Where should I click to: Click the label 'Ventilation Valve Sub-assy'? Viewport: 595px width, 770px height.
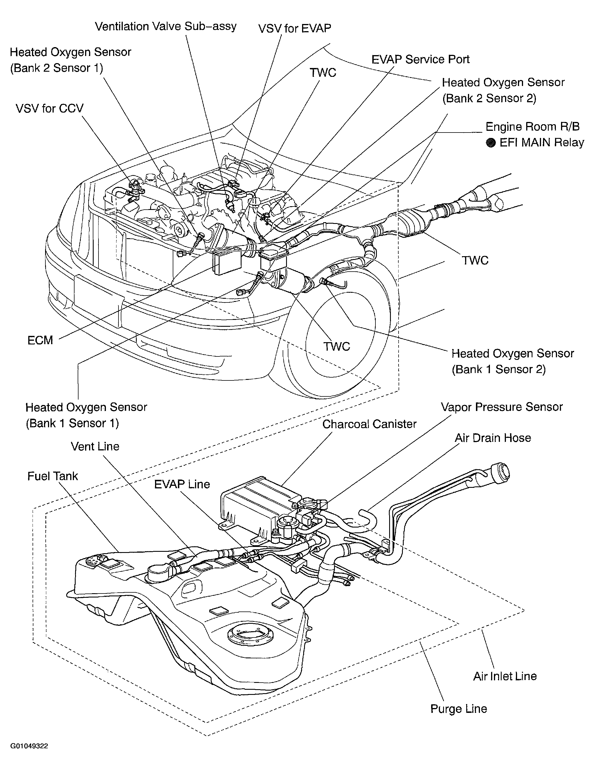coord(166,27)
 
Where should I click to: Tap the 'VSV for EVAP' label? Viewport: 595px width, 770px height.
coord(295,29)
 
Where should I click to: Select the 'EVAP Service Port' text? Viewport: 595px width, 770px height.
coord(421,59)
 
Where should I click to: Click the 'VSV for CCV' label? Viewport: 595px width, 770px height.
coord(50,108)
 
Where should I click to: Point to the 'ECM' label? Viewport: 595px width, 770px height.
coord(40,340)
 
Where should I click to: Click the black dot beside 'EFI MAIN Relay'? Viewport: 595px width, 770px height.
coord(491,143)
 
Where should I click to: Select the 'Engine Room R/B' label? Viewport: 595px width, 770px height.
coord(532,127)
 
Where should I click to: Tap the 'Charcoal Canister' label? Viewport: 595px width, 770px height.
coord(369,424)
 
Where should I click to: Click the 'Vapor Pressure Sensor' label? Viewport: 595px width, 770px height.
coord(502,407)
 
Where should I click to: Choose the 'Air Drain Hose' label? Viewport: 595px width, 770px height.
coord(493,438)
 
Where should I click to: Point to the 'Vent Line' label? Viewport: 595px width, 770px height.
coord(95,446)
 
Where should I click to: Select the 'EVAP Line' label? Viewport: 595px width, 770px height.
coord(182,484)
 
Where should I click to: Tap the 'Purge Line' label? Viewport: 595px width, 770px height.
coord(459,709)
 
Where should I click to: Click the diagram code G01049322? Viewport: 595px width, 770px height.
coord(29,746)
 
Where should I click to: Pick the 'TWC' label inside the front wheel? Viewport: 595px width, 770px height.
coord(337,346)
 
